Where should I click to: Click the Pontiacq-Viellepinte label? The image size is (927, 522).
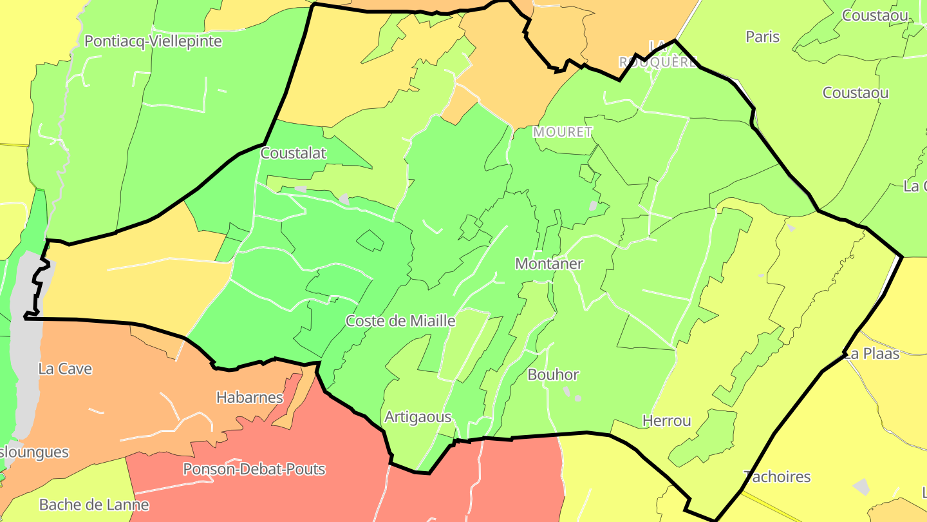click(x=153, y=41)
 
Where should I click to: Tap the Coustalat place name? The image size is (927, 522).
click(x=294, y=153)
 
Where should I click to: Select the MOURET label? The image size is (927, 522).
click(x=563, y=132)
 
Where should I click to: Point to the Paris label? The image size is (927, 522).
click(x=763, y=37)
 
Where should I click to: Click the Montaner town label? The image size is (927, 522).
click(x=549, y=264)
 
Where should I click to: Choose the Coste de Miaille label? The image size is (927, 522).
click(x=400, y=321)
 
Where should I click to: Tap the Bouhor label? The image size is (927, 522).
click(x=553, y=374)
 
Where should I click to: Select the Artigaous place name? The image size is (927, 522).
click(x=418, y=417)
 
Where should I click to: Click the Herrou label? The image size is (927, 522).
click(x=667, y=421)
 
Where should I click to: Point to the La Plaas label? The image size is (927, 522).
click(x=872, y=354)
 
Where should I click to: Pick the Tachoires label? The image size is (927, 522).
click(x=777, y=477)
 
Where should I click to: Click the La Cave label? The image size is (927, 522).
click(x=65, y=369)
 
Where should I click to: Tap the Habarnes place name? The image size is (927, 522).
click(x=250, y=398)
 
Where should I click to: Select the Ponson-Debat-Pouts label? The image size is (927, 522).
click(x=254, y=469)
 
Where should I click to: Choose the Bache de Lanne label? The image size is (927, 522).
click(x=94, y=505)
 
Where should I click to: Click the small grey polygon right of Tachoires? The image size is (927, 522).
click(x=861, y=487)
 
